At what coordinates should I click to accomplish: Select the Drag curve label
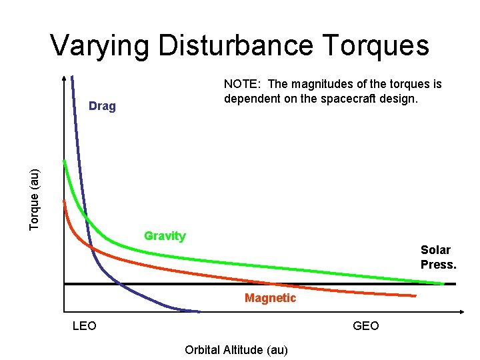[x=102, y=106]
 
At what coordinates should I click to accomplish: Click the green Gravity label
[x=165, y=236]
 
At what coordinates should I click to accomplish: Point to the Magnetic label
[x=270, y=298]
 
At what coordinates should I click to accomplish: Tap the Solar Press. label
[x=438, y=257]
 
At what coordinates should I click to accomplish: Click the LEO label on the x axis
[x=84, y=326]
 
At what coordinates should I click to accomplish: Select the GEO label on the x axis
[x=365, y=326]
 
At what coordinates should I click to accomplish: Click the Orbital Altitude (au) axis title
[x=236, y=350]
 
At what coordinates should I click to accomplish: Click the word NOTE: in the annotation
[x=243, y=85]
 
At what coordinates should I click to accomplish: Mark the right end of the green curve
[x=443, y=283]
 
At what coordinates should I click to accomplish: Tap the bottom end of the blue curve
[x=199, y=311]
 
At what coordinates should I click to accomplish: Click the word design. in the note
[x=400, y=99]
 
